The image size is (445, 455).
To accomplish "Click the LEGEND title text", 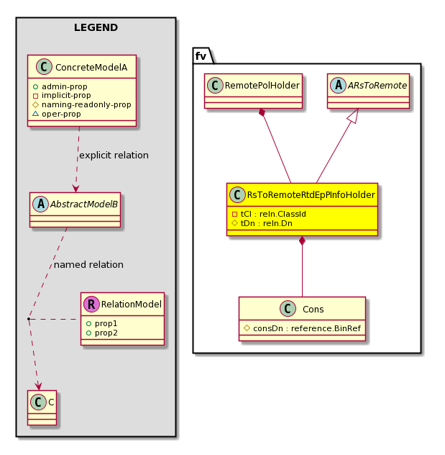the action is [96, 27].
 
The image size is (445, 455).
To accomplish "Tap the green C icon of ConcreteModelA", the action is [44, 66].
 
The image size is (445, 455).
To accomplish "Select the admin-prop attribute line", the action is [60, 86].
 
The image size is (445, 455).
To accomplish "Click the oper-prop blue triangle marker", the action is [36, 114].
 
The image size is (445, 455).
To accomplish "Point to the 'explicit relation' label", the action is [114, 156].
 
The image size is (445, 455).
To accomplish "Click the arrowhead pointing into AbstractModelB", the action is [76, 188].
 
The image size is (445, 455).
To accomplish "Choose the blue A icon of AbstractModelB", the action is [40, 204].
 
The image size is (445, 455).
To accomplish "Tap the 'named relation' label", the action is [88, 265].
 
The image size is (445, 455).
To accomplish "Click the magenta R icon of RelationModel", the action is [91, 304].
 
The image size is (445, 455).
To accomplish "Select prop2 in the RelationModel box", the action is [102, 333].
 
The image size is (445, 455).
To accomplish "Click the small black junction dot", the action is [29, 319].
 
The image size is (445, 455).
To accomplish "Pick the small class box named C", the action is [42, 407].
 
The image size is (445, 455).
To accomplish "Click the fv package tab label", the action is [201, 55].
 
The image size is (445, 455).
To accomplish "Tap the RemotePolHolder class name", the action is [262, 85].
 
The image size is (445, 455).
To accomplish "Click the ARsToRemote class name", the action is [377, 85].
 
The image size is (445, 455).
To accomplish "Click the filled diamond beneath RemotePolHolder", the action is [262, 112].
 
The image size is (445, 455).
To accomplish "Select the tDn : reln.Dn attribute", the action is [262, 223].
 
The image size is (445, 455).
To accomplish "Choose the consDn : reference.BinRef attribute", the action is [303, 328].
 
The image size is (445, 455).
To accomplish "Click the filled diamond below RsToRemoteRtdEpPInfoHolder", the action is [302, 240].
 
